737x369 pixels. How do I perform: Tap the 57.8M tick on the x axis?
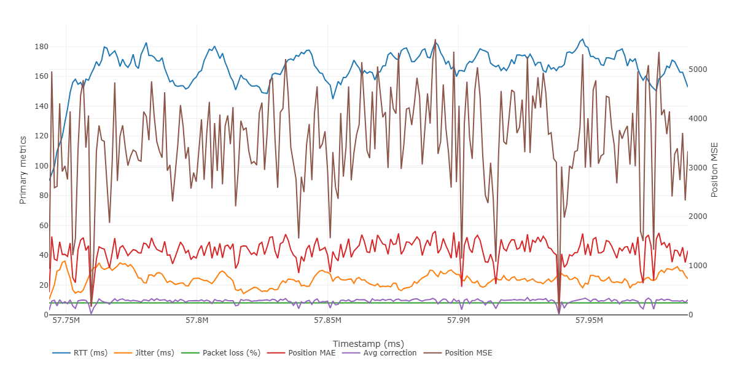coord(197,320)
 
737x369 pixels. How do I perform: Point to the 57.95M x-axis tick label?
coord(588,320)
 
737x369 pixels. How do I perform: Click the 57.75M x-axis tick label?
coord(66,320)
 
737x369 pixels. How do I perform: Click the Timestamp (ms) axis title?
coord(368,343)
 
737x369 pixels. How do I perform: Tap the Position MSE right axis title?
coord(714,169)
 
